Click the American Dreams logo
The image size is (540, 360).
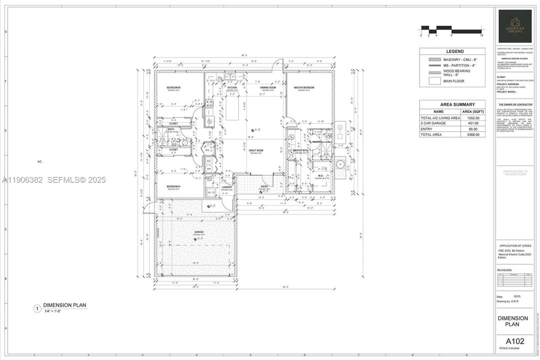click(515, 26)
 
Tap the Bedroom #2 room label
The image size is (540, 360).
click(173, 87)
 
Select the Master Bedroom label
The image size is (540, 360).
click(304, 87)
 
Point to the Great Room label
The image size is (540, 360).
click(256, 150)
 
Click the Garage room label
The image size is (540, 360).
click(199, 232)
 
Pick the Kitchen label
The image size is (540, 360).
click(232, 87)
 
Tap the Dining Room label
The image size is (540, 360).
click(268, 87)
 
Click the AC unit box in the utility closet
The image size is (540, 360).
click(209, 161)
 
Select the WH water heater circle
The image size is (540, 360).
click(209, 169)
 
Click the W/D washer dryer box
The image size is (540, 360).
click(211, 192)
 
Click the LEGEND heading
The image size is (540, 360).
click(455, 51)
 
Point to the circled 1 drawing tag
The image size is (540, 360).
click(36, 309)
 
